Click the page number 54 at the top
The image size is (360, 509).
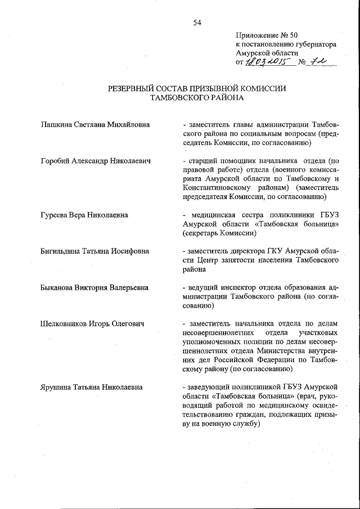[x=197, y=22]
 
